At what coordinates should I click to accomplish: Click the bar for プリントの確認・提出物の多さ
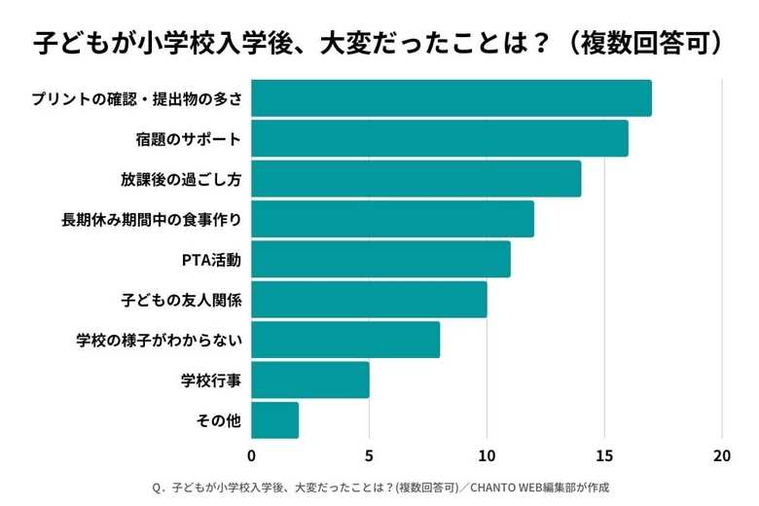point(452,98)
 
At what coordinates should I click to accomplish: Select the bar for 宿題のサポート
point(440,138)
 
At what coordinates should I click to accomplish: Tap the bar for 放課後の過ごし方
point(416,179)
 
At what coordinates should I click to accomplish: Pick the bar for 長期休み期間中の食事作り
point(393,219)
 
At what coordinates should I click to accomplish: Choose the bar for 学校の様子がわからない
point(345,340)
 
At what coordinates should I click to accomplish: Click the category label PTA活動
point(211,260)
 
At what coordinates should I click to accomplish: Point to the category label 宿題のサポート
point(188,139)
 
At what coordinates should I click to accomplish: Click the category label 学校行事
point(211,380)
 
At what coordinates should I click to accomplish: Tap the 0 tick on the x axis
point(252,455)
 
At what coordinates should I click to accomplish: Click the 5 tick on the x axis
point(369,455)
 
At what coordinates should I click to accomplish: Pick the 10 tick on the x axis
point(487,455)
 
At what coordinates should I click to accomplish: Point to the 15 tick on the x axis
point(604,455)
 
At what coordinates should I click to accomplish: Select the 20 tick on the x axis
point(722,455)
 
